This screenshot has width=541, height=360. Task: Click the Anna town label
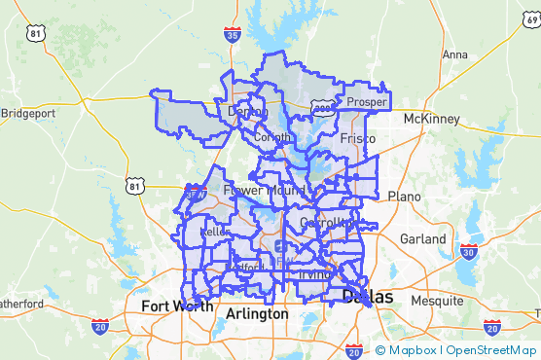[454, 54]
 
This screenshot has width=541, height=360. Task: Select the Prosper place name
[367, 101]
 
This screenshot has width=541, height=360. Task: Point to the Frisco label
[358, 139]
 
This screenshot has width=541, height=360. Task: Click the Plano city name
[405, 196]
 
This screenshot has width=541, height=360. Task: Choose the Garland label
[423, 238]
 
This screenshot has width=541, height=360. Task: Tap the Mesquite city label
[437, 301]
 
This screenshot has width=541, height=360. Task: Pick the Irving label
[314, 275]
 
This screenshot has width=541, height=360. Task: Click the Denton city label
[247, 112]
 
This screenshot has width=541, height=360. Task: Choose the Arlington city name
[257, 314]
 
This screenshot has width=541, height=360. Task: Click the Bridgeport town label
[28, 113]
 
